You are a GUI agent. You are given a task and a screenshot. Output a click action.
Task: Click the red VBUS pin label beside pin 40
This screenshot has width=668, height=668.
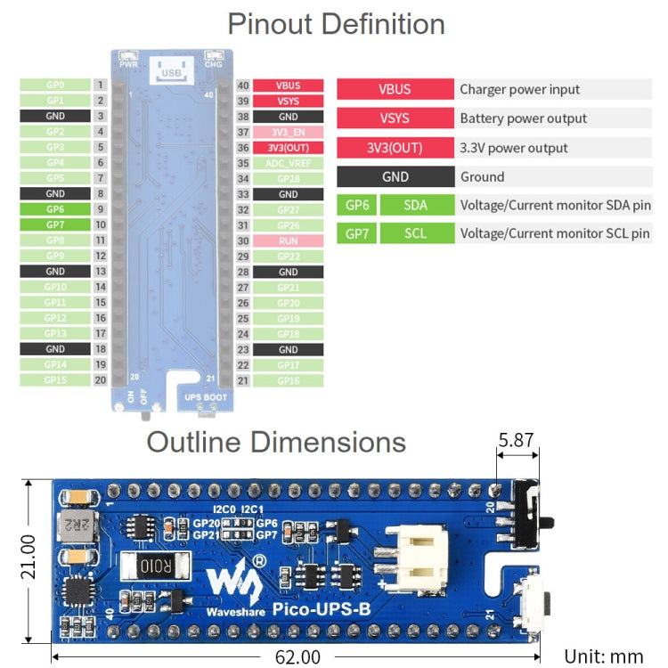(x=288, y=86)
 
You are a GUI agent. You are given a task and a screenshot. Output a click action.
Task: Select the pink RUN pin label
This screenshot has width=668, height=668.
(x=288, y=240)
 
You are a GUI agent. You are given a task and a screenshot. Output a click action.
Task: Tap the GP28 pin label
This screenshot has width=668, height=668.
(x=288, y=179)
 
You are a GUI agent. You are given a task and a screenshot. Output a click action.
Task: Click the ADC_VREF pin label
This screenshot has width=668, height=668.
(x=288, y=163)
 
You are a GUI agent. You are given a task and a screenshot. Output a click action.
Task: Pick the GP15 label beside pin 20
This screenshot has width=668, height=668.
(x=54, y=380)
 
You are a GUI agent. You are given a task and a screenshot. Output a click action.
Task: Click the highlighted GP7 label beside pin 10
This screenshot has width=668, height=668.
(x=54, y=225)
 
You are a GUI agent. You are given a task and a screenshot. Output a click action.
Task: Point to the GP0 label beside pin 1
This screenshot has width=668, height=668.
(x=54, y=86)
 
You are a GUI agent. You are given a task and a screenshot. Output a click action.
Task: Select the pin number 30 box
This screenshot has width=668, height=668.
(x=242, y=240)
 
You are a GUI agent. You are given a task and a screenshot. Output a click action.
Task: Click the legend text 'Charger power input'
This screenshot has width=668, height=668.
(x=519, y=89)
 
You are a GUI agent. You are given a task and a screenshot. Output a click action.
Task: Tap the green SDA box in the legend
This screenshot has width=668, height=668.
(x=415, y=205)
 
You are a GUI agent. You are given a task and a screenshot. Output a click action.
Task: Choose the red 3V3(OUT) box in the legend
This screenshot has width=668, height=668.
(x=394, y=148)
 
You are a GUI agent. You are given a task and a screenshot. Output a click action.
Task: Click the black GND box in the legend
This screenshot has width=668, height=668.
(x=394, y=176)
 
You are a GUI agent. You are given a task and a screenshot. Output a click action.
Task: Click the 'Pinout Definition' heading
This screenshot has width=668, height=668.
(x=336, y=24)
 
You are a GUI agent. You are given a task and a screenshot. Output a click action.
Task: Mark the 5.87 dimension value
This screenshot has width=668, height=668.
(x=517, y=440)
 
